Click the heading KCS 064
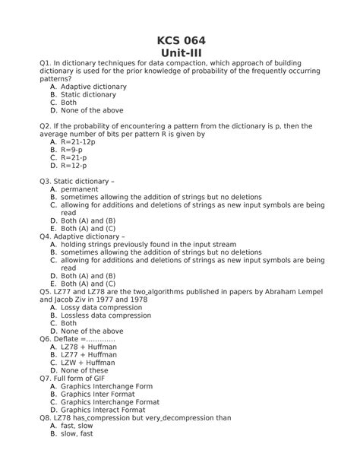[180, 40]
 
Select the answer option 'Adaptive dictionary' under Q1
[93, 87]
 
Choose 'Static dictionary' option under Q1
[89, 94]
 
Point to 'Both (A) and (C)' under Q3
[88, 228]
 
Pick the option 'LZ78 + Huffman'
[89, 347]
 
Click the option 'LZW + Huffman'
[89, 363]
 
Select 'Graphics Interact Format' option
[109, 410]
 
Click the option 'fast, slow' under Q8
[77, 426]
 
